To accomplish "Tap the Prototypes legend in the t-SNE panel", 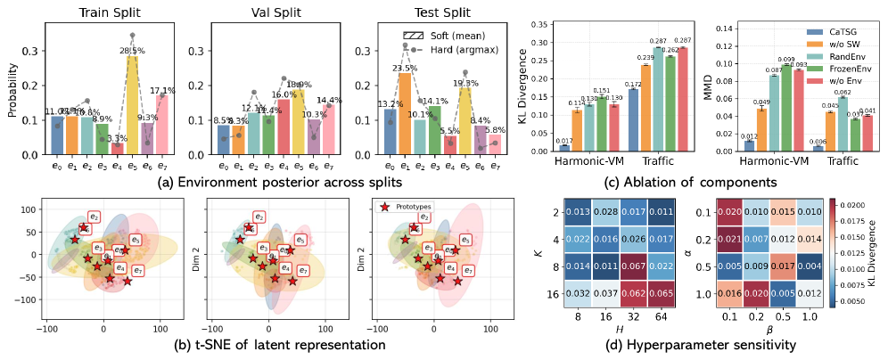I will click(x=409, y=206).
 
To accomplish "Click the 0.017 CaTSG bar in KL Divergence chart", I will click(x=564, y=148).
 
